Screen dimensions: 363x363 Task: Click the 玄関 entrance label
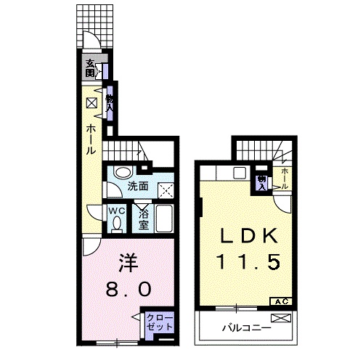click(90, 68)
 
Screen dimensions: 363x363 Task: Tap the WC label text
click(117, 211)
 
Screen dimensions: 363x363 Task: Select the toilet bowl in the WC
click(117, 224)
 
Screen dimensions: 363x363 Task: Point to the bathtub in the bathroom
click(164, 219)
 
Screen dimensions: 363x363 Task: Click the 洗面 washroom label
click(138, 187)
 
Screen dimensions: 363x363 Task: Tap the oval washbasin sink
click(123, 172)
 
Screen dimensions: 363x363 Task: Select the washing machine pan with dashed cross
click(166, 191)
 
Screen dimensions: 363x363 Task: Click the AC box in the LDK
click(281, 301)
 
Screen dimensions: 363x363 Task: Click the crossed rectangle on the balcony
click(281, 318)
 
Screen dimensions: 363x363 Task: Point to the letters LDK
click(248, 236)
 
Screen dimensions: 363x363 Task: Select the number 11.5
click(249, 261)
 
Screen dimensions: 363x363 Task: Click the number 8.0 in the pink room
click(129, 289)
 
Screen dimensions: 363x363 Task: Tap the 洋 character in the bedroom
click(128, 264)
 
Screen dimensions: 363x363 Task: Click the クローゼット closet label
click(160, 322)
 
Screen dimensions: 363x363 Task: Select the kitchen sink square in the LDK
click(240, 174)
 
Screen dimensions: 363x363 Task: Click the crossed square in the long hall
click(91, 103)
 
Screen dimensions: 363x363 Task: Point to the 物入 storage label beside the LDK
click(261, 183)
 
